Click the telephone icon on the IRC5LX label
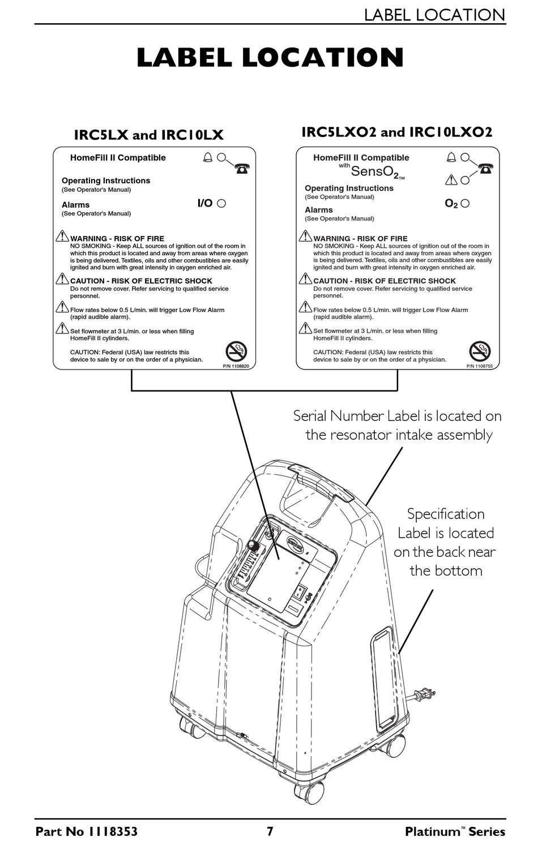[242, 168]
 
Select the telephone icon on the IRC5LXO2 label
[485, 168]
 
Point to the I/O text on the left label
[204, 203]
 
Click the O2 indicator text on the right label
[451, 204]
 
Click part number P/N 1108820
[236, 366]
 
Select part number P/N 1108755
[479, 366]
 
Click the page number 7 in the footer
[270, 831]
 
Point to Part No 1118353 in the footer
[87, 831]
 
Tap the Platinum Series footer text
[455, 831]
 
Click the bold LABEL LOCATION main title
[270, 58]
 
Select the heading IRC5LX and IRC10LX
[149, 135]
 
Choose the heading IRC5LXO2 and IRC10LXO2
[396, 132]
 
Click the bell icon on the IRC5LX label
[208, 157]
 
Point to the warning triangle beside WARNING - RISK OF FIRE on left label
[62, 236]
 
